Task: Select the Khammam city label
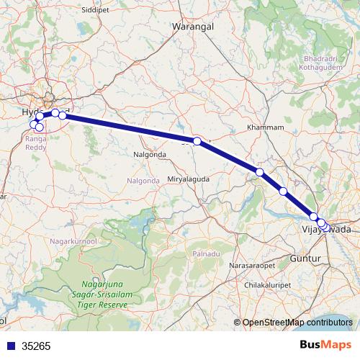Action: (x=261, y=127)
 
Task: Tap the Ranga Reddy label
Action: (x=36, y=141)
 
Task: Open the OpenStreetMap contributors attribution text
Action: (x=297, y=323)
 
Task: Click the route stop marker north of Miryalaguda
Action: (x=197, y=141)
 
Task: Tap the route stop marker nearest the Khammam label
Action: (x=260, y=172)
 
